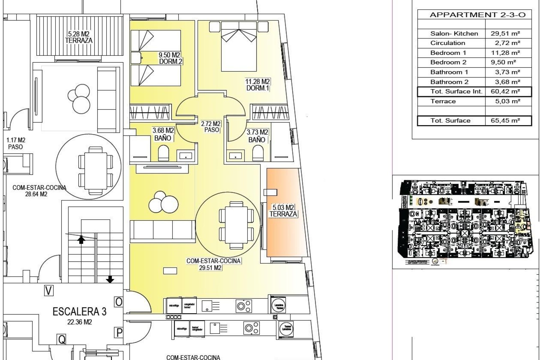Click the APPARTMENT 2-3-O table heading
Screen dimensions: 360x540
477,15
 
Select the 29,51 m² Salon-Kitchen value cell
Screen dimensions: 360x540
505,33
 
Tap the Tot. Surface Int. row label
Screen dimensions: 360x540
456,91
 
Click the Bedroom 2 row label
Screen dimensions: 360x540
448,62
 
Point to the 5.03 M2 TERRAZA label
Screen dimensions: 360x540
283,211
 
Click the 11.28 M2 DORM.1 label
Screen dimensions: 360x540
257,85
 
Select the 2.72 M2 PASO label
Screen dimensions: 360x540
211,127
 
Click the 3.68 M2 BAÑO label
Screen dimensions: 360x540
163,134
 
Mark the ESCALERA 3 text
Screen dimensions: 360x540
80,311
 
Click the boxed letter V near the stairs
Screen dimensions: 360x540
49,291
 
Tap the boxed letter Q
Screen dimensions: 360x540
61,339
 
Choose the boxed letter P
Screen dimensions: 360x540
119,333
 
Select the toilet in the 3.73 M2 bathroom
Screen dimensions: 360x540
257,154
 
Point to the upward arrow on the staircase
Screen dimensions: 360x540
81,239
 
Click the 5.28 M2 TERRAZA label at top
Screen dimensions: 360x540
79,37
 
